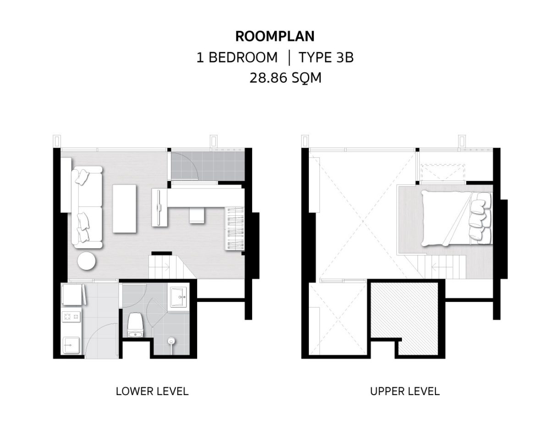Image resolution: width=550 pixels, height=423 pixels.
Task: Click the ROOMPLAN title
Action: [275, 36]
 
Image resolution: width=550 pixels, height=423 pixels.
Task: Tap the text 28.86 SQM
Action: [285, 78]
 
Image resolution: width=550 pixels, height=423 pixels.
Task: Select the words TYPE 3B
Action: [326, 57]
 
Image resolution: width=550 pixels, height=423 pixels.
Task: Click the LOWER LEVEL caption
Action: [152, 391]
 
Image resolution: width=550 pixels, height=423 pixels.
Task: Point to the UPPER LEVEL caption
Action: [405, 391]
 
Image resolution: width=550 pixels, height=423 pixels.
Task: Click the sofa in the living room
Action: [87, 207]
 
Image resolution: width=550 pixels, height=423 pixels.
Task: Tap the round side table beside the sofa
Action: [87, 262]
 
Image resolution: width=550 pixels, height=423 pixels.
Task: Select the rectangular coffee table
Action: [124, 209]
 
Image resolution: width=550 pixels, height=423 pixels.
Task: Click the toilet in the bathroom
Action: [135, 325]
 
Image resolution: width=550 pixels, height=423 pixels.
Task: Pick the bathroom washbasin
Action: [178, 297]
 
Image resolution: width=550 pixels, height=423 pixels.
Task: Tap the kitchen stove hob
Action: [71, 317]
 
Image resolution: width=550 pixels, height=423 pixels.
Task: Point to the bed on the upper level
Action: [457, 218]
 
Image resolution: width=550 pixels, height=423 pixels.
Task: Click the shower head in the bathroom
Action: [171, 342]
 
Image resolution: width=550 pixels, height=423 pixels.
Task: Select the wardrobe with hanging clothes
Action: [235, 229]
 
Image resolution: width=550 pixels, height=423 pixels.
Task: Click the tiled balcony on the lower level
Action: [208, 166]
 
